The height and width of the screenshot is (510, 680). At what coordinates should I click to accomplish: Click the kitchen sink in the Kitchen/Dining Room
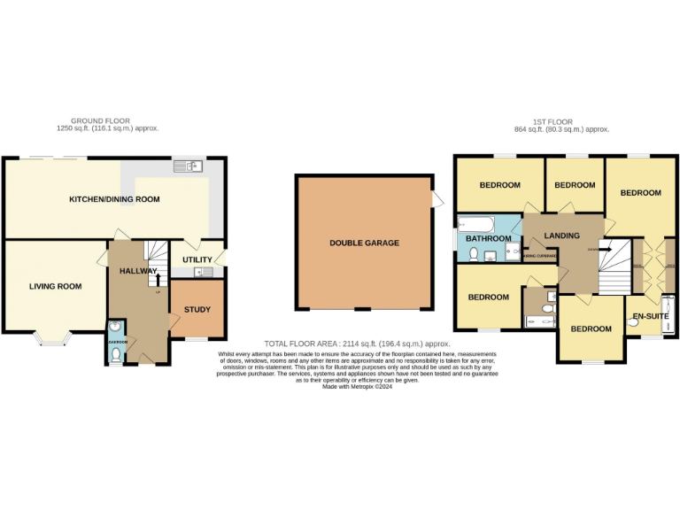point(188,166)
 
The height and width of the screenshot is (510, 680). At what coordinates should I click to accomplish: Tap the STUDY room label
point(197,309)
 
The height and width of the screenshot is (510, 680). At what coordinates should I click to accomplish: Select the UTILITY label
point(197,259)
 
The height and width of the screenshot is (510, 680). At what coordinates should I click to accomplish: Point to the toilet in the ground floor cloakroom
point(118,354)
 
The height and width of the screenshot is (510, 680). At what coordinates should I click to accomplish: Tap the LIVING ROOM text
point(55,286)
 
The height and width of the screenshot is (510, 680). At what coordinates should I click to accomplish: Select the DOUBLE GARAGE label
point(364,243)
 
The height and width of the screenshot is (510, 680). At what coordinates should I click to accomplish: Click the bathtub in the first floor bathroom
point(483,223)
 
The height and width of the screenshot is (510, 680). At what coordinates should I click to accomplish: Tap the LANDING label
point(561,236)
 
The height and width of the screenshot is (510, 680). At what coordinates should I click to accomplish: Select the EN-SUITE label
point(650,315)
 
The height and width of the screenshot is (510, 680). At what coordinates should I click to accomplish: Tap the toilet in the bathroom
point(474,255)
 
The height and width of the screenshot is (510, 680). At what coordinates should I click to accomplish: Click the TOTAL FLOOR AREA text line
point(357,344)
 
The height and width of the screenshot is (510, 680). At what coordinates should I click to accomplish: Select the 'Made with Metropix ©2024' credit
point(357,386)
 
